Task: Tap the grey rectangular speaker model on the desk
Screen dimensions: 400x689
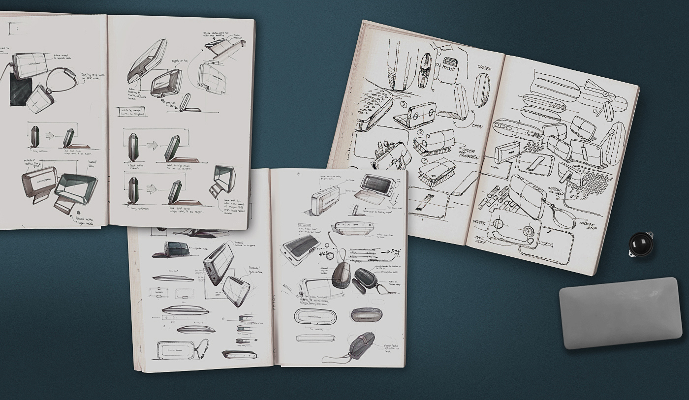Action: (x=620, y=313)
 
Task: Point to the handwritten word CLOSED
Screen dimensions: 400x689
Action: (x=485, y=67)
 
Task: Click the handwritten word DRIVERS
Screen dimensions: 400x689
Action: (x=479, y=222)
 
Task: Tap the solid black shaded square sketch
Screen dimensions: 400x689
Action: (x=21, y=92)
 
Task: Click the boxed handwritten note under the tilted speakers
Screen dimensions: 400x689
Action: (x=131, y=112)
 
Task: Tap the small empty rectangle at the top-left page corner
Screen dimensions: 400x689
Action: (x=17, y=29)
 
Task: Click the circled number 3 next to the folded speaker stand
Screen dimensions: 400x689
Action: (x=404, y=104)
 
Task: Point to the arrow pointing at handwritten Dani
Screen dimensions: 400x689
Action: (x=386, y=252)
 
